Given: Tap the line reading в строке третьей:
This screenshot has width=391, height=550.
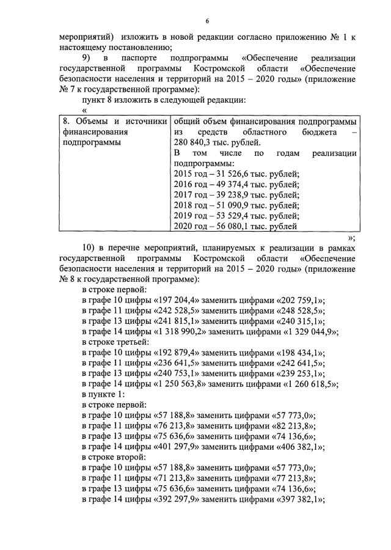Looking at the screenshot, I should click(111, 343).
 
